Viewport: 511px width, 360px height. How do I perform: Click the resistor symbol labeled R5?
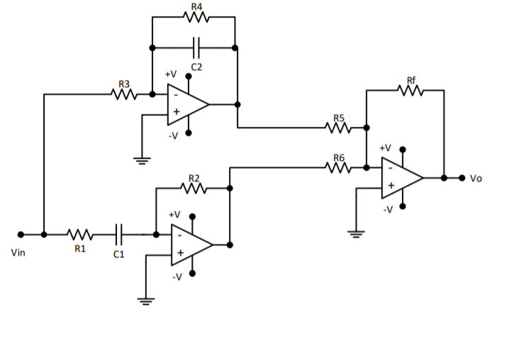[x=338, y=128]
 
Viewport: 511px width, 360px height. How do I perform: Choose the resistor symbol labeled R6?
[x=338, y=168]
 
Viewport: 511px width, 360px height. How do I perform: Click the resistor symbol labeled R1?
[x=79, y=234]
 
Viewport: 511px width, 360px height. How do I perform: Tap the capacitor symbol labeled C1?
[x=118, y=234]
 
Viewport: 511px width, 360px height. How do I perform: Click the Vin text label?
[x=18, y=252]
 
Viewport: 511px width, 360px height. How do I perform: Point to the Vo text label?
[x=476, y=179]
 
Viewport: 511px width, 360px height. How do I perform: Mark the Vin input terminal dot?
[x=21, y=234]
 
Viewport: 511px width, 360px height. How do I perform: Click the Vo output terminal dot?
[x=461, y=177]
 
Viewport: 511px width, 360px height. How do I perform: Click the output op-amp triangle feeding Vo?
[x=401, y=177]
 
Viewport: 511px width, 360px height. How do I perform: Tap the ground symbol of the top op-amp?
[x=142, y=160]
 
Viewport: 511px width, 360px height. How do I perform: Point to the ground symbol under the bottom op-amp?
[x=146, y=300]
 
